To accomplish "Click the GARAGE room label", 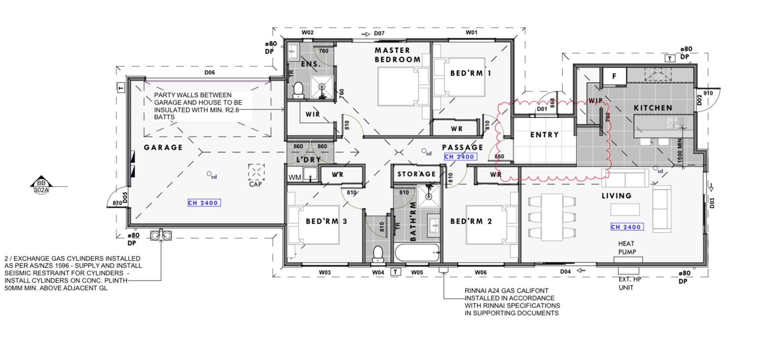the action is (163, 147).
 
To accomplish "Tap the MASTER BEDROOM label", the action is (398, 55).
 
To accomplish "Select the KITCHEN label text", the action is (653, 108).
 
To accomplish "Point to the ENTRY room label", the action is (544, 135).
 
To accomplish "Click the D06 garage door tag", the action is (209, 73).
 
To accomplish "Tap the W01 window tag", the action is (471, 33).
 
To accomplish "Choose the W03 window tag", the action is (325, 273).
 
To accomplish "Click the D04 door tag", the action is (565, 272).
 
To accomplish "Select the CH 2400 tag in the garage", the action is (204, 203).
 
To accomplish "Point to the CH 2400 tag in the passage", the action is (460, 156).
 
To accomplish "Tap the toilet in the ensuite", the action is (298, 90).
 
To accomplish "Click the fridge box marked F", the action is (614, 76).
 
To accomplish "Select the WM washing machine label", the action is (295, 178).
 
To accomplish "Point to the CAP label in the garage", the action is (255, 184).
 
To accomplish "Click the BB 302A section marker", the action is (41, 186).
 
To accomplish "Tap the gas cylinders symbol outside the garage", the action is (161, 235).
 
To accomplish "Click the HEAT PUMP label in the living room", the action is (627, 247).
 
